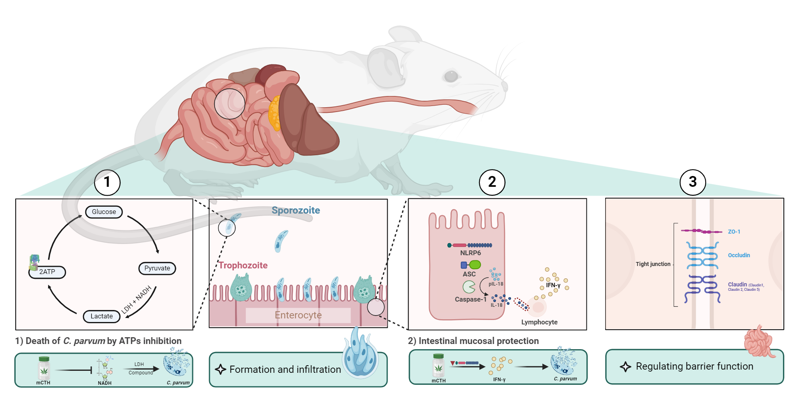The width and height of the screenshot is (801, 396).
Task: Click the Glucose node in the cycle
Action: [104, 212]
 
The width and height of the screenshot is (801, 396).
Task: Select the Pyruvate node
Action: [157, 268]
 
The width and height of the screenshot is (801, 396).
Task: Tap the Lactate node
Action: [101, 316]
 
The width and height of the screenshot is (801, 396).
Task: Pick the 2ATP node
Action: [47, 272]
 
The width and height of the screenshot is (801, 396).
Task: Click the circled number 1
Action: [107, 182]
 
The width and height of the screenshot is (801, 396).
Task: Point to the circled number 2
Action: [492, 182]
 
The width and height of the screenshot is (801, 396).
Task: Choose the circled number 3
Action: [692, 182]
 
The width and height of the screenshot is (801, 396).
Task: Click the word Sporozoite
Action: [296, 210]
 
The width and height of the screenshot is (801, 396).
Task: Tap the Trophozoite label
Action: [243, 265]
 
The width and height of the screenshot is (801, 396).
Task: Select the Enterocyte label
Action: [298, 315]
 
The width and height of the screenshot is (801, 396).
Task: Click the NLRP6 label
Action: [470, 253]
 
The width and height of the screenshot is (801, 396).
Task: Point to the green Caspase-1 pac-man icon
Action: [469, 287]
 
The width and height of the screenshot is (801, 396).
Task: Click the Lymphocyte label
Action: [539, 322]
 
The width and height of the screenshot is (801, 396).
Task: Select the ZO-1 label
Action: [734, 232]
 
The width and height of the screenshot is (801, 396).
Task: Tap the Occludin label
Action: [739, 255]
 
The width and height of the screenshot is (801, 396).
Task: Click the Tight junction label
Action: [653, 264]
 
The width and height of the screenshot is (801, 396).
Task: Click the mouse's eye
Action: [451, 76]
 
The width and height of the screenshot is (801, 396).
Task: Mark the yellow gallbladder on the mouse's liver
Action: [274, 113]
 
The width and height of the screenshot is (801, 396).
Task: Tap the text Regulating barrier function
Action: [694, 366]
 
